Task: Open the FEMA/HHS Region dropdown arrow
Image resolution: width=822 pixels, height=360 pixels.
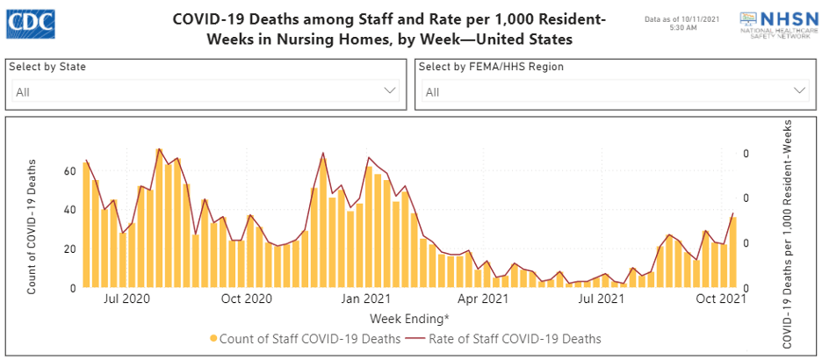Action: tap(800, 90)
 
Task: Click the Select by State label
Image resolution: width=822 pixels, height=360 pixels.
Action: tap(47, 67)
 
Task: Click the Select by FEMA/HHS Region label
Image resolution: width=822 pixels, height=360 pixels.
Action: tap(491, 67)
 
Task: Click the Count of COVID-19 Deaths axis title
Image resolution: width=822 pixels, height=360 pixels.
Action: tap(32, 226)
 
